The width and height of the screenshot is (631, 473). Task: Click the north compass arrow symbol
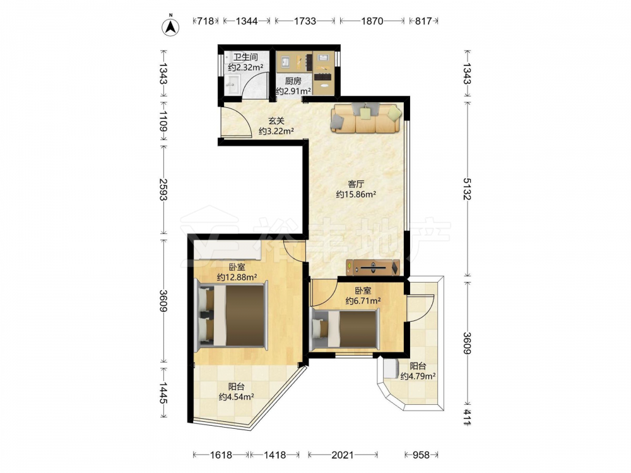pyautogui.click(x=170, y=26)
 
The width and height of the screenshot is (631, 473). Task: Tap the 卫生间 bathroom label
pyautogui.click(x=245, y=57)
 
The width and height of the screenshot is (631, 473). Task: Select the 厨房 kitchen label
pyautogui.click(x=293, y=81)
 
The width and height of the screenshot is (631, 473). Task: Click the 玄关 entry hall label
pyautogui.click(x=276, y=120)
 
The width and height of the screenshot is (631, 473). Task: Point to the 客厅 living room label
pyautogui.click(x=356, y=184)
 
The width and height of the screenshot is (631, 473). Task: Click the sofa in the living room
pyautogui.click(x=366, y=118)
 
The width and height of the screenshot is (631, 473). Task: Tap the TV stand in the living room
pyautogui.click(x=373, y=267)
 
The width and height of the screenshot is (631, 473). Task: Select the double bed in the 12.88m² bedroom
pyautogui.click(x=231, y=315)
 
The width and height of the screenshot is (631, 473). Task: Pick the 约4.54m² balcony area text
pyautogui.click(x=236, y=397)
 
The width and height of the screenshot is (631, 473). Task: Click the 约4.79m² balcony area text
pyautogui.click(x=418, y=376)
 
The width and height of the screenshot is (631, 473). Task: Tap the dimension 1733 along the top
pyautogui.click(x=305, y=21)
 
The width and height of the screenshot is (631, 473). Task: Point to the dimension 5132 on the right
pyautogui.click(x=467, y=189)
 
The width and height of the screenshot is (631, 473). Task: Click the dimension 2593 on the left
pyautogui.click(x=163, y=189)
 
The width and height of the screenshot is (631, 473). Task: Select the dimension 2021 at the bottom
pyautogui.click(x=343, y=455)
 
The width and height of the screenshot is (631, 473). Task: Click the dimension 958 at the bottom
pyautogui.click(x=421, y=455)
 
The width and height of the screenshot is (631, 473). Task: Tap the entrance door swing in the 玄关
pyautogui.click(x=237, y=122)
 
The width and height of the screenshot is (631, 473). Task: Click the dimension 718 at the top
pyautogui.click(x=205, y=21)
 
